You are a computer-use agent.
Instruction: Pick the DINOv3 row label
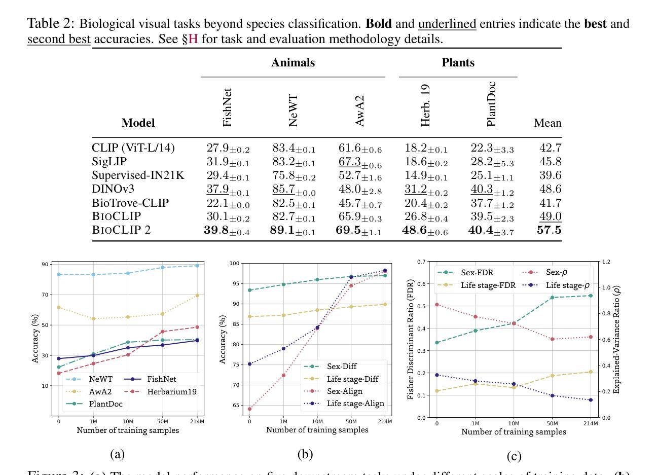coord(113,189)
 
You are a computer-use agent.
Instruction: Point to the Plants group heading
coord(458,63)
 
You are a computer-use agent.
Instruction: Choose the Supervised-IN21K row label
coord(138,175)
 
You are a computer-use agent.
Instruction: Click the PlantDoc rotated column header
coord(491,104)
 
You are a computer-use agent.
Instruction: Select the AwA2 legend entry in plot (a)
coord(100,392)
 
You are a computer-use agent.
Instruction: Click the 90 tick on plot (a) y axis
coord(46,265)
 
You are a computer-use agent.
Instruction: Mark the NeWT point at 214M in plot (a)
coord(197,266)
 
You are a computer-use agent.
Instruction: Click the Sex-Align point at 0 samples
coord(249,409)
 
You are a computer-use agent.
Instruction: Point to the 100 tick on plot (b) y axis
coord(234,264)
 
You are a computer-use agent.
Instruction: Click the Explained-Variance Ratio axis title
coord(616,340)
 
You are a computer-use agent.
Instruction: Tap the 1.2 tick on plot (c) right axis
coord(606,262)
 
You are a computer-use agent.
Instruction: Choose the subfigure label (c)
coord(514,456)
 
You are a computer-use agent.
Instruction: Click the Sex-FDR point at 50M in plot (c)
coord(552,298)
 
